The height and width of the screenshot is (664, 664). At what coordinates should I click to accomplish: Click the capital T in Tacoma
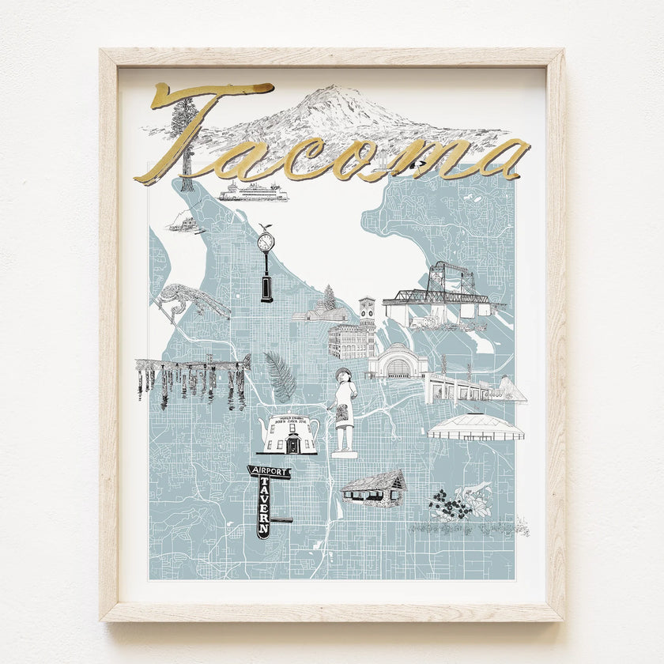click(198, 126)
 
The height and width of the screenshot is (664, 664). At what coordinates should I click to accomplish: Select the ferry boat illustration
click(253, 192)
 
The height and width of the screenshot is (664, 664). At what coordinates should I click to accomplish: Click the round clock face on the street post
click(266, 240)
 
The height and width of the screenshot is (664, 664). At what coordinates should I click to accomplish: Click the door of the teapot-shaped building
click(292, 443)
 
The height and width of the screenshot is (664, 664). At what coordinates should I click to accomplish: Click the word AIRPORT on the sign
click(270, 472)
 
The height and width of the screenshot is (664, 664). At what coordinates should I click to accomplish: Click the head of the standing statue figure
click(343, 376)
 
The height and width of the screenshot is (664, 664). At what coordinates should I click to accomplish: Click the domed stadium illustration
click(475, 428)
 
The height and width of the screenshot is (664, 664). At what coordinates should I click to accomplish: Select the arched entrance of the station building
click(397, 365)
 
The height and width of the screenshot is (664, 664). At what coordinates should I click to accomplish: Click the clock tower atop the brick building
click(367, 309)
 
